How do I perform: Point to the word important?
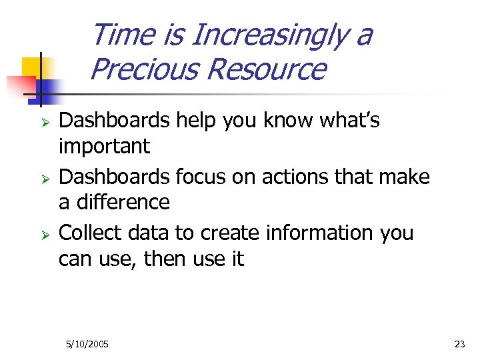104,146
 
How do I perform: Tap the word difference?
123,202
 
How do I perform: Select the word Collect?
89,233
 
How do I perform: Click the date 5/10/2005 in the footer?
87,344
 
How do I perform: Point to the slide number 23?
459,344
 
